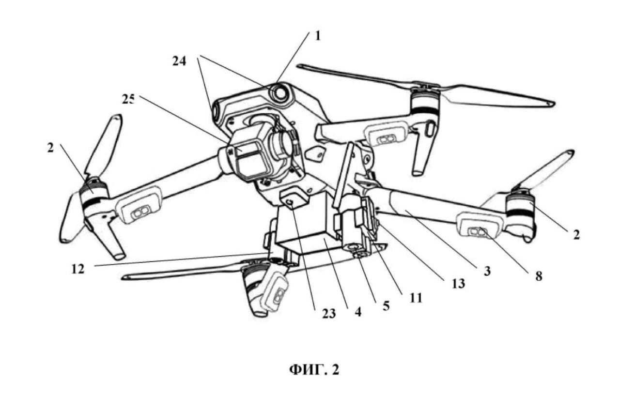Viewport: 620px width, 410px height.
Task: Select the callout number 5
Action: click(x=386, y=306)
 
